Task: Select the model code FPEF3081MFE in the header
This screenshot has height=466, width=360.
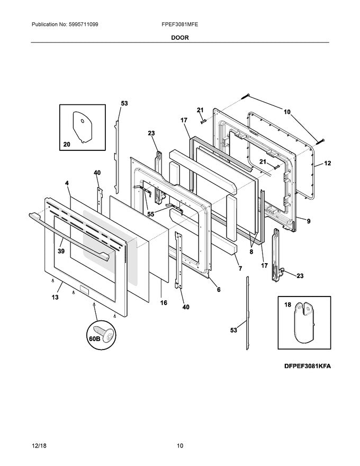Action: [179, 24]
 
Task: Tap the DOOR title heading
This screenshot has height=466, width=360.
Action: [179, 38]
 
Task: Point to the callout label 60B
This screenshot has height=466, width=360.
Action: [94, 338]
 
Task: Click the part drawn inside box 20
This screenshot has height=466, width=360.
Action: [82, 127]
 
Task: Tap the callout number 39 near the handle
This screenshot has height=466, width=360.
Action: [61, 251]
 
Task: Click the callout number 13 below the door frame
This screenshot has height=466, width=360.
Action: [55, 297]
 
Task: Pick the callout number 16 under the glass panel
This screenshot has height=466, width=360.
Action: [164, 302]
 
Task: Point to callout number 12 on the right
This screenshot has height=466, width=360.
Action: [327, 163]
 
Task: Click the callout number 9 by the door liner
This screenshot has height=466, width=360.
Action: [309, 221]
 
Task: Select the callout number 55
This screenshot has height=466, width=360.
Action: [150, 214]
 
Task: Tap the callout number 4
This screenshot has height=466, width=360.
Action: [67, 183]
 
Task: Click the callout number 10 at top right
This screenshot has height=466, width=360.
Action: [287, 112]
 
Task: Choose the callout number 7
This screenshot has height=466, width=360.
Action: [240, 268]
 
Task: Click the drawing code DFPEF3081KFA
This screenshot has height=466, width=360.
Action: [308, 366]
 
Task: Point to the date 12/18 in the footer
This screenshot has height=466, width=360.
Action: [39, 446]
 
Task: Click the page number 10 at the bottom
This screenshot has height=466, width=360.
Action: [180, 446]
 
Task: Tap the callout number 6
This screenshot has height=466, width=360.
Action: [219, 289]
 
